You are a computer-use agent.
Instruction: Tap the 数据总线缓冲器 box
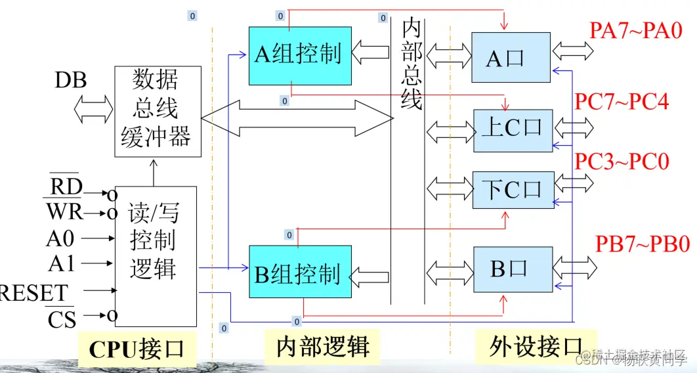click(156, 112)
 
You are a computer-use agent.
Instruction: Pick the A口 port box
click(511, 58)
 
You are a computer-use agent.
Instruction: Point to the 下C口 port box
click(513, 190)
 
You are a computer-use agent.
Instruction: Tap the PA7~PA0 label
click(636, 31)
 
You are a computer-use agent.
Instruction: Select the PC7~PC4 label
click(622, 102)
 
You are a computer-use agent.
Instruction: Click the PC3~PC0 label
click(622, 162)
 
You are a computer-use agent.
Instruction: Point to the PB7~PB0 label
click(643, 244)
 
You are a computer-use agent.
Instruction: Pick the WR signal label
click(64, 212)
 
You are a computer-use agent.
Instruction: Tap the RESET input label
click(33, 292)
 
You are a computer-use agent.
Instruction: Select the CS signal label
click(62, 320)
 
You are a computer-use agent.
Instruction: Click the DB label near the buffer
click(70, 81)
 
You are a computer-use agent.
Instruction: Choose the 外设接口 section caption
click(536, 346)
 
